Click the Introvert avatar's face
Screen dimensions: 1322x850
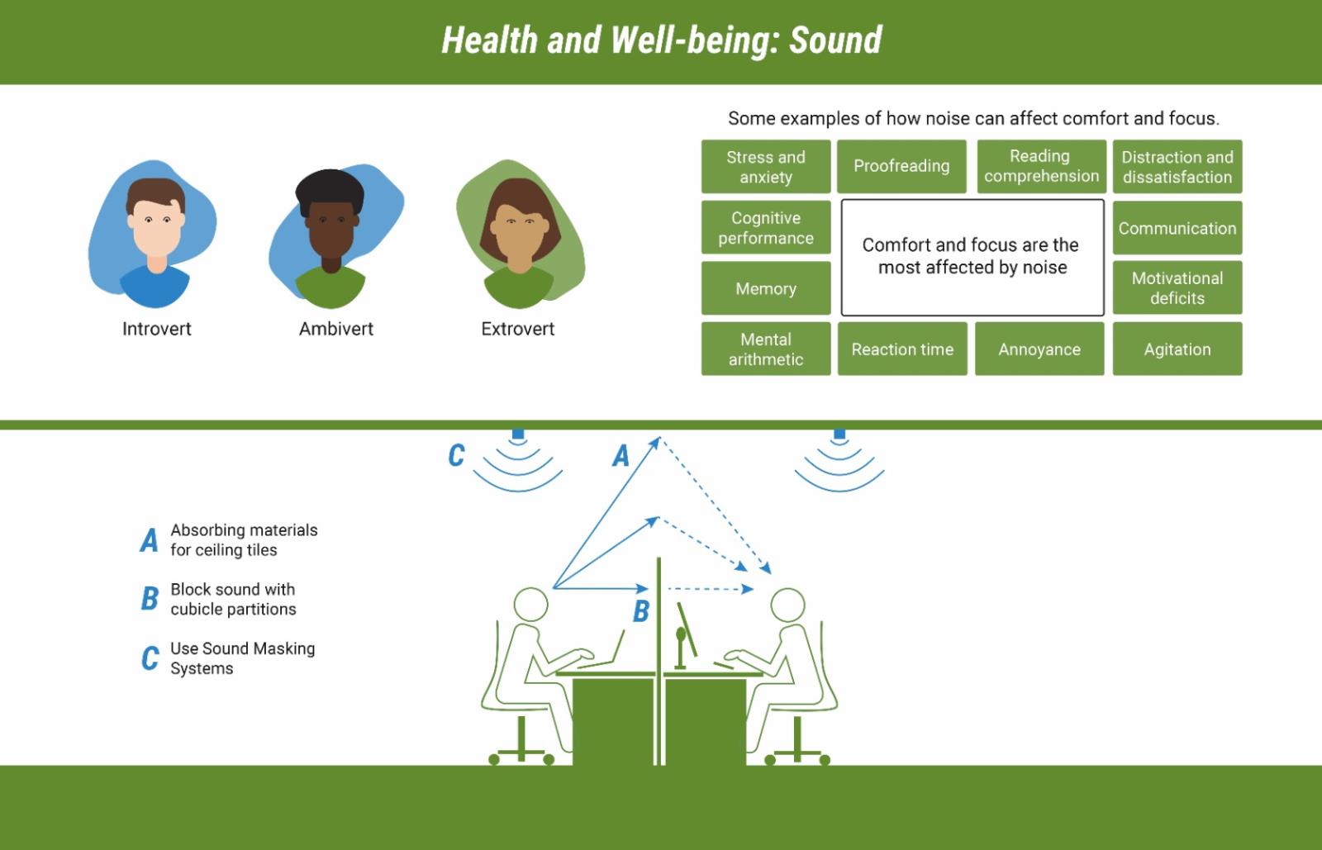[x=156, y=227]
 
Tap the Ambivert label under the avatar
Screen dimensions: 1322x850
[x=335, y=329]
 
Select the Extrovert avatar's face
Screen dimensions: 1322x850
[x=520, y=230]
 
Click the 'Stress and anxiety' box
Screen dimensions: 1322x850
[x=765, y=166]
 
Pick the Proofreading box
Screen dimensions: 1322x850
[x=901, y=166]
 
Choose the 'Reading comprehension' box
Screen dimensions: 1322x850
[x=1041, y=166]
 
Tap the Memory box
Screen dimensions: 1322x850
[x=765, y=288]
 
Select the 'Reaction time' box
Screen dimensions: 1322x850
[x=902, y=349]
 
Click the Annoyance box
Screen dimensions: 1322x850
[x=1039, y=349]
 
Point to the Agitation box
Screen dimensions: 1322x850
[x=1177, y=349]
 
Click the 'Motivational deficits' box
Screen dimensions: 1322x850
[x=1177, y=287]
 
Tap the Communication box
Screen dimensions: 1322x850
[x=1177, y=228]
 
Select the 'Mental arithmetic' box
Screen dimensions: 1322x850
[x=765, y=349]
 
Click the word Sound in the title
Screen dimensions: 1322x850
[x=835, y=40]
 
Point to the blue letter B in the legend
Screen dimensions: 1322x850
[x=150, y=598]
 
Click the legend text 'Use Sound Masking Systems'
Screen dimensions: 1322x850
[x=243, y=658]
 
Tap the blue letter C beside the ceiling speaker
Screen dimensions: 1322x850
[x=456, y=455]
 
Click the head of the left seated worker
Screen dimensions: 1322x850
[x=530, y=604]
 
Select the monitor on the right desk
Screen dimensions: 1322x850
[x=687, y=630]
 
